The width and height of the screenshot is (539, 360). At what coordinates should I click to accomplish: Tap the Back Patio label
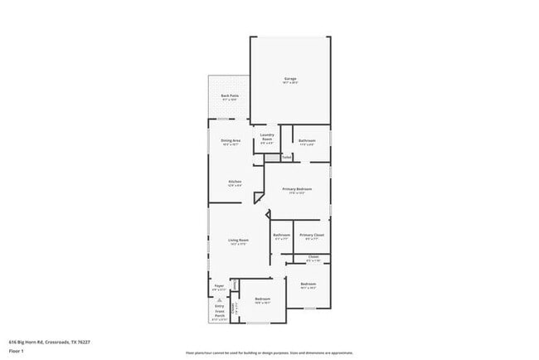230,96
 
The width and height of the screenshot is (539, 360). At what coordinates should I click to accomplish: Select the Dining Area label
231,141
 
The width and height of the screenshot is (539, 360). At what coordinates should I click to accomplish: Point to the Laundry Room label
267,137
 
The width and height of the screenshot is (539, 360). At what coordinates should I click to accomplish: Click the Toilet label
286,157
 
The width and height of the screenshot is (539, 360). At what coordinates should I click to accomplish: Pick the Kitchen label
235,182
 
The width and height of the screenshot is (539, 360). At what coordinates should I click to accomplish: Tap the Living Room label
239,240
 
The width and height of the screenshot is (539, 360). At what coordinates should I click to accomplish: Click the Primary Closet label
312,235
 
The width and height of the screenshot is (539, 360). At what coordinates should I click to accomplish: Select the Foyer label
220,285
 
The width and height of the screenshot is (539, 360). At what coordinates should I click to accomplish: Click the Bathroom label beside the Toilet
307,140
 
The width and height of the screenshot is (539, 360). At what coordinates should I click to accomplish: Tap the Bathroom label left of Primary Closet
281,235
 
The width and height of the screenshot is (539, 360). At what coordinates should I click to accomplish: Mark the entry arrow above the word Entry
219,300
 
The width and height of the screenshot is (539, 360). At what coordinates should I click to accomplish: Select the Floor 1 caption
17,351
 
